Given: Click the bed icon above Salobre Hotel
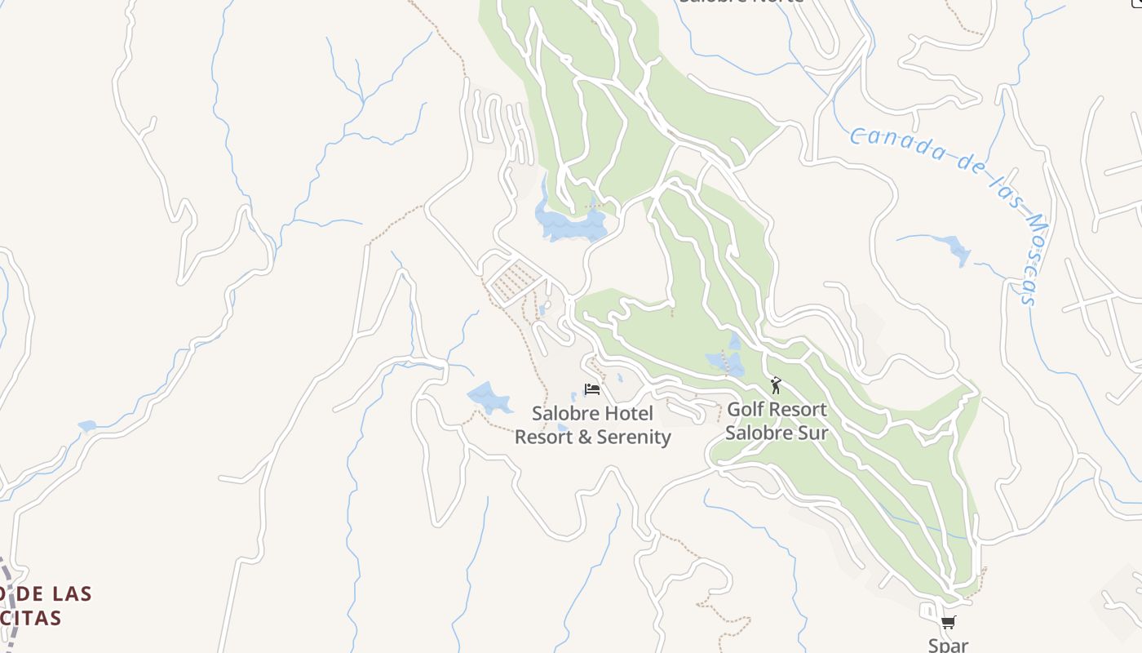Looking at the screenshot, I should pyautogui.click(x=592, y=389).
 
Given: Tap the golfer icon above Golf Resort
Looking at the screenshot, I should pyautogui.click(x=776, y=385).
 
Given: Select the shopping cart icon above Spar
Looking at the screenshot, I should pyautogui.click(x=948, y=624).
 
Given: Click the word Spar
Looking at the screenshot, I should pyautogui.click(x=948, y=645).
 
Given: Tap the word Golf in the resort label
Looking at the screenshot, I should pyautogui.click(x=746, y=409).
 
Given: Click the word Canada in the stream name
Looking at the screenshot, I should pyautogui.click(x=896, y=144).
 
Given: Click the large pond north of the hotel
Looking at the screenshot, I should pyautogui.click(x=571, y=222).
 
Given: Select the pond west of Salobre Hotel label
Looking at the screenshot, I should pyautogui.click(x=489, y=398).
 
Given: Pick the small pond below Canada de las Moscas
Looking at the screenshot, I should pyautogui.click(x=954, y=249).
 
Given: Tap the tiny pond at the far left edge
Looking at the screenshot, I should pyautogui.click(x=86, y=425).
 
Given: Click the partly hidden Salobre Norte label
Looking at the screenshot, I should pyautogui.click(x=741, y=2).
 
